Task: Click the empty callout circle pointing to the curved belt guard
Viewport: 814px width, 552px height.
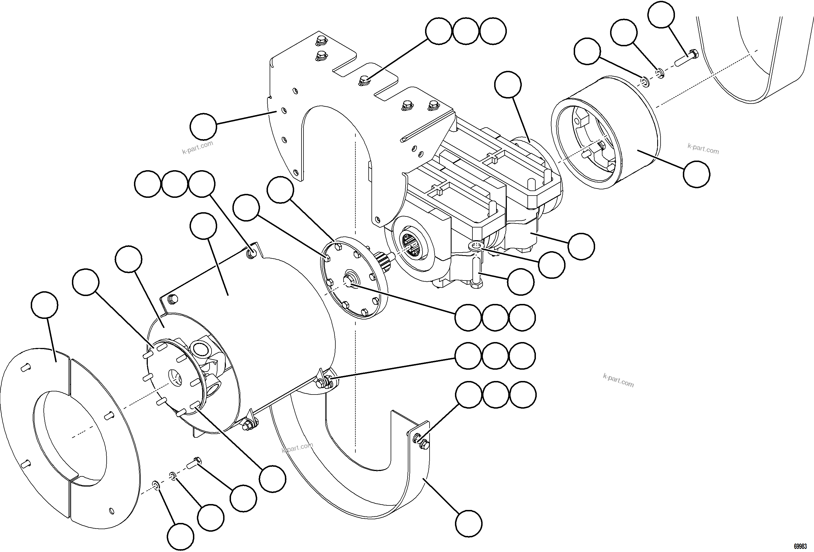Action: pyautogui.click(x=469, y=523)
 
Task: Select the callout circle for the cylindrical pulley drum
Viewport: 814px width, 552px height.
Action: pyautogui.click(x=697, y=174)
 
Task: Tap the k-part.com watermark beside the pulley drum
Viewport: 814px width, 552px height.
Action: pyautogui.click(x=703, y=149)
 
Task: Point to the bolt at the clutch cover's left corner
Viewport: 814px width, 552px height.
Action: pyautogui.click(x=172, y=299)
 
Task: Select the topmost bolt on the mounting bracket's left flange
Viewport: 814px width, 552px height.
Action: pyautogui.click(x=320, y=41)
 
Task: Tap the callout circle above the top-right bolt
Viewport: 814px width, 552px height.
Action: pyautogui.click(x=661, y=15)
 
